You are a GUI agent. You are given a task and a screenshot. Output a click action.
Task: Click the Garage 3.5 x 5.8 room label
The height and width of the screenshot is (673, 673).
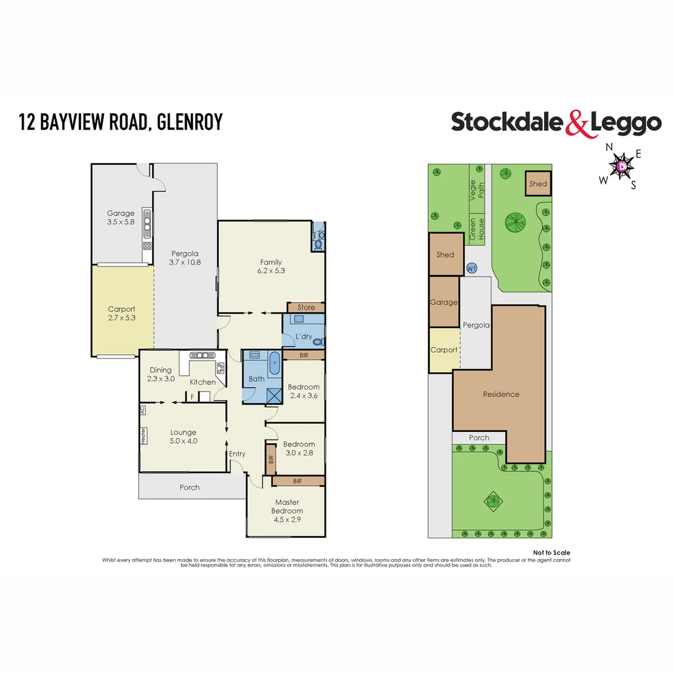click(x=120, y=218)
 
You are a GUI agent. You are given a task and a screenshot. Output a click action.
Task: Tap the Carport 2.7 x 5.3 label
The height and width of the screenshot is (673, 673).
click(x=122, y=313)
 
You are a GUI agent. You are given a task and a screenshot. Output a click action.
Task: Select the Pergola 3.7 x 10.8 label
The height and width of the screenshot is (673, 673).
click(x=184, y=258)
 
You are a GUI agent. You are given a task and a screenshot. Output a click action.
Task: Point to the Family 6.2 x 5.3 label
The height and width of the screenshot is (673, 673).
click(x=271, y=266)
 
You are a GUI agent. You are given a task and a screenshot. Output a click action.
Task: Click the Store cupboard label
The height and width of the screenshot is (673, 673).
click(x=306, y=308)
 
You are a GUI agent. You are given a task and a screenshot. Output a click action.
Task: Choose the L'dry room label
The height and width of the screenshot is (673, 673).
click(x=303, y=336)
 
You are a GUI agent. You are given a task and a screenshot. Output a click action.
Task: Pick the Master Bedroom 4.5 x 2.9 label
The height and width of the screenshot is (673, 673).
click(x=287, y=510)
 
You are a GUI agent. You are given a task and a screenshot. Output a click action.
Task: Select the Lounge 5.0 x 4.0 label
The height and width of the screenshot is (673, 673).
click(x=183, y=437)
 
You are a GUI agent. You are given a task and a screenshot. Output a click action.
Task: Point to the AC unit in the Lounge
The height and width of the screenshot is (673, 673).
click(x=143, y=410)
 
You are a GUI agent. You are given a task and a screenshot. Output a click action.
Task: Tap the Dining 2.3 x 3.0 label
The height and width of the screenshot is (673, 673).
click(x=160, y=375)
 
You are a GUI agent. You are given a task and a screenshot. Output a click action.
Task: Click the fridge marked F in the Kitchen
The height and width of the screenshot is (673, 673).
click(x=193, y=396)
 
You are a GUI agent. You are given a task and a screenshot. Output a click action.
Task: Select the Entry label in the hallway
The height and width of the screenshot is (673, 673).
click(x=237, y=454)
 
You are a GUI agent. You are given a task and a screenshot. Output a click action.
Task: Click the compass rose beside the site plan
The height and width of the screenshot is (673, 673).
click(x=621, y=166)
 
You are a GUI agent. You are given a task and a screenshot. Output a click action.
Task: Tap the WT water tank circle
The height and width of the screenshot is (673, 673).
click(x=472, y=268)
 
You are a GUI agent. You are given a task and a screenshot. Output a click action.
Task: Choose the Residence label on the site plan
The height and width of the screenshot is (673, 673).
click(x=501, y=394)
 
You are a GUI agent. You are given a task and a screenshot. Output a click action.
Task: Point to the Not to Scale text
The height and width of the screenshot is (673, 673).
click(x=551, y=553)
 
